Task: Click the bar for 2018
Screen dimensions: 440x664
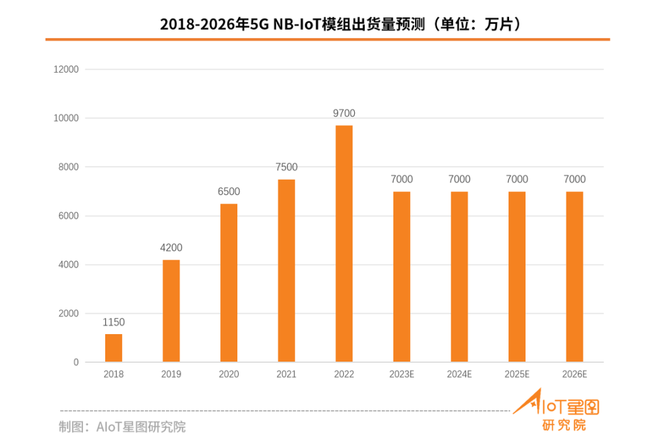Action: point(114,348)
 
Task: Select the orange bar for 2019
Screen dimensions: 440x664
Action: point(171,311)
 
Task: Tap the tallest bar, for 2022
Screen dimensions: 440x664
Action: point(344,244)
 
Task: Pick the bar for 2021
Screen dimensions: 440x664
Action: point(287,271)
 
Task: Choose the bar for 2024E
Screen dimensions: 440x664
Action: point(459,277)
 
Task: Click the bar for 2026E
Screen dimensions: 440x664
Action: point(574,277)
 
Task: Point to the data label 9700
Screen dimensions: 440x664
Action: point(344,113)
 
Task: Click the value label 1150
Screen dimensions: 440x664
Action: point(114,322)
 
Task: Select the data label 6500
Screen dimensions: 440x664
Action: point(229,191)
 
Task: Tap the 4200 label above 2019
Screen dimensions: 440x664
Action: point(171,248)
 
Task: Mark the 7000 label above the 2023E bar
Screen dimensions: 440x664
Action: point(401,179)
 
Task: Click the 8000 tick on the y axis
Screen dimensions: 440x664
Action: point(69,167)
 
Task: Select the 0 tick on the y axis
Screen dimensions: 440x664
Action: point(76,362)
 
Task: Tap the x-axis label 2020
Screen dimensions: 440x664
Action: point(229,374)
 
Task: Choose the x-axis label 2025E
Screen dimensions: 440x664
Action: point(517,374)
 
